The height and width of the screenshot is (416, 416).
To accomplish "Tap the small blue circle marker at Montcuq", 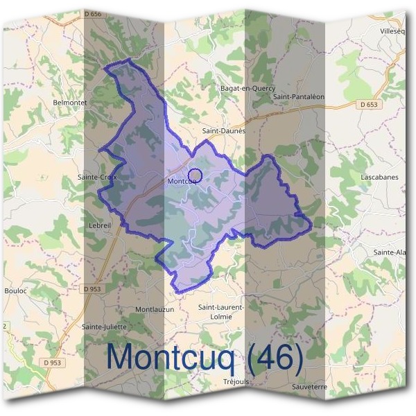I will (x=195, y=175).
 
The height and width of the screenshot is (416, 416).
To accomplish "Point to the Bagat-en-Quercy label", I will (x=248, y=88).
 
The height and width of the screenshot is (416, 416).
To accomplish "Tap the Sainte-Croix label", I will (x=98, y=177).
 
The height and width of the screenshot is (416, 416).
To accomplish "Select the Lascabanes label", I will (x=379, y=177).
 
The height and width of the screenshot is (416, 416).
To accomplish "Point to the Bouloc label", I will (x=15, y=291).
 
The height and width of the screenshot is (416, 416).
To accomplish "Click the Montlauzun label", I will (x=155, y=309).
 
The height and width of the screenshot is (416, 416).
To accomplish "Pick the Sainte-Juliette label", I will (x=103, y=327).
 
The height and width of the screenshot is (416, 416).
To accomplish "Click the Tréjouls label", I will (x=236, y=381).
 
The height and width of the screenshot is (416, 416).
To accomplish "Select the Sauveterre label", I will (x=309, y=386).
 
